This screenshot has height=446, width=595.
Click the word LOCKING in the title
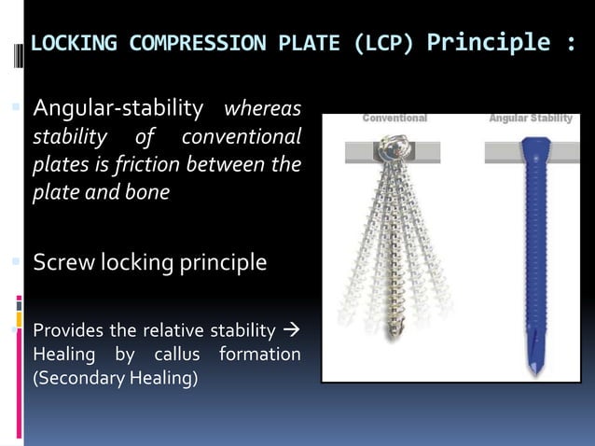coord(74,44)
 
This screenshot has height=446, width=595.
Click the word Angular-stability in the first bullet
coord(118,110)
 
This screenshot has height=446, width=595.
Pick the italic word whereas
coord(262,110)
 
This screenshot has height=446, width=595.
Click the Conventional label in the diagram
coord(394,118)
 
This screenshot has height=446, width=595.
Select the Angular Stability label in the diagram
coord(531,118)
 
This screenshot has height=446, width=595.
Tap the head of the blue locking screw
coord(531,146)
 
